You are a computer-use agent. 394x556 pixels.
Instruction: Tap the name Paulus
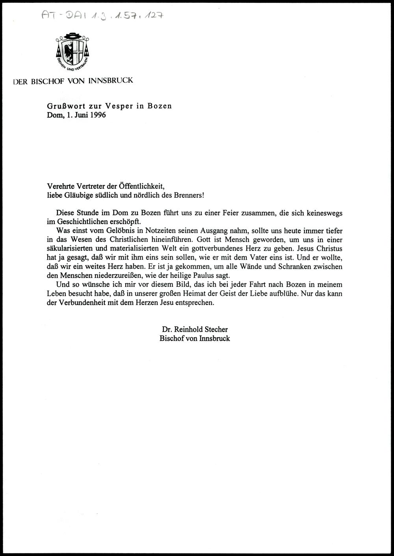(x=205, y=275)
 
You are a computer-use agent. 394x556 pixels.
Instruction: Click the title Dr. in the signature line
(x=166, y=329)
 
